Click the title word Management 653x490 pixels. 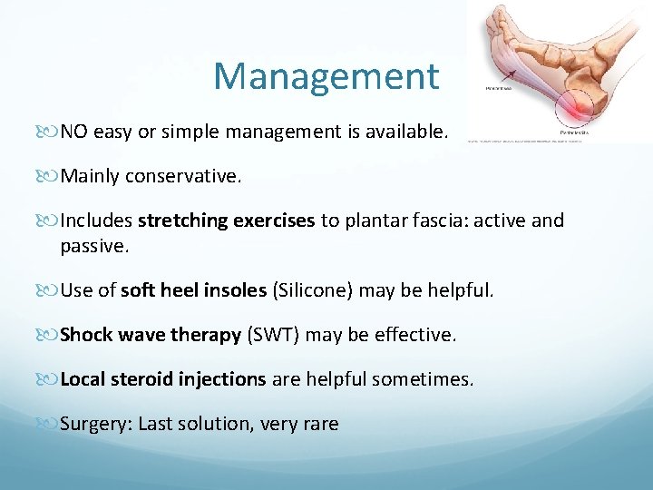pos(326,76)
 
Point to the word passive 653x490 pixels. pos(94,245)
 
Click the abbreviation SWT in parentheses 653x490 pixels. pos(274,335)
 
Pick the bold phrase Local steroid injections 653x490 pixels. pos(163,379)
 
